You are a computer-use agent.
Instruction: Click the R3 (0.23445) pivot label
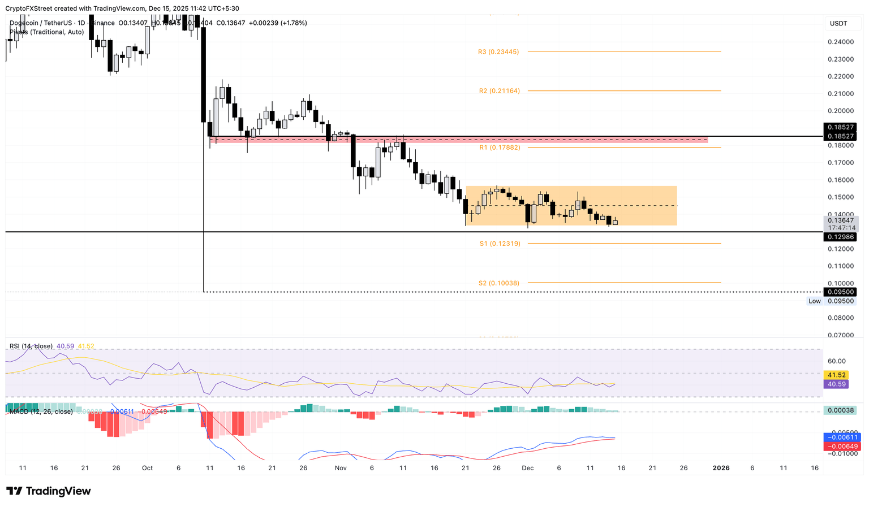498,52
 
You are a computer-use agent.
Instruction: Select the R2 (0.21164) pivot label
499,91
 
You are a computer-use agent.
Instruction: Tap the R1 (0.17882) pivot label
499,148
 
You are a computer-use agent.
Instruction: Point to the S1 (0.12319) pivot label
500,244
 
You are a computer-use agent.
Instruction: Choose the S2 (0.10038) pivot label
498,283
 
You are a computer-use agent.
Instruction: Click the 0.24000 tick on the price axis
840,42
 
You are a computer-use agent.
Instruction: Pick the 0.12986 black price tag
840,237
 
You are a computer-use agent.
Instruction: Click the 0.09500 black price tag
840,292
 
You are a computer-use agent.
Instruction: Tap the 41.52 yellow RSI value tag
837,375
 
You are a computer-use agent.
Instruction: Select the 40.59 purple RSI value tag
837,384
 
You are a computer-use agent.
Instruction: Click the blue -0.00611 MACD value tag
842,437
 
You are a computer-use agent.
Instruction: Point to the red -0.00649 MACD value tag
842,447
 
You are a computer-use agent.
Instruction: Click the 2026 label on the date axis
721,468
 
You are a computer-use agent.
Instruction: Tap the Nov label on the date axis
341,468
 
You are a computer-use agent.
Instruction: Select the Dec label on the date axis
527,468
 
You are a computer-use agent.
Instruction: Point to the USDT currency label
838,24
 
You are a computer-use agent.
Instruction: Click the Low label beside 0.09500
815,301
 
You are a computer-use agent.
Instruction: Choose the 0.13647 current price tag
840,220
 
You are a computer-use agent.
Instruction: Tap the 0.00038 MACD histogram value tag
840,410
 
